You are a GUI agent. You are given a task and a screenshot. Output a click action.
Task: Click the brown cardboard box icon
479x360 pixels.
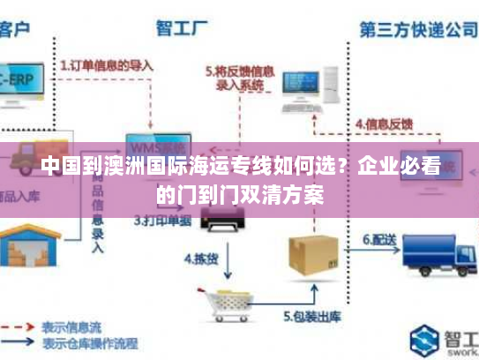point(313,254)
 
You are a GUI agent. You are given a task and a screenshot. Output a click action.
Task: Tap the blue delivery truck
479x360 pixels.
point(435,256)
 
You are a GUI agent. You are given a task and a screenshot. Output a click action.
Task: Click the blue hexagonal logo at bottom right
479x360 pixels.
point(426,339)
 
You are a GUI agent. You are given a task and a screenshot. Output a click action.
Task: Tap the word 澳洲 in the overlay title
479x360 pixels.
point(128,165)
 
